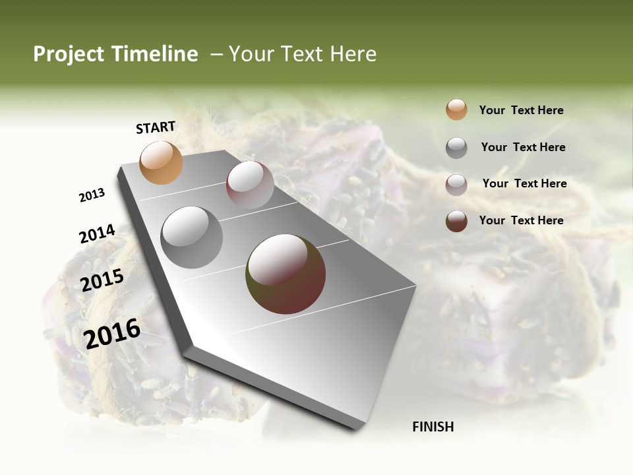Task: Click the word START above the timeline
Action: click(156, 127)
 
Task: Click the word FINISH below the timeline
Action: click(433, 427)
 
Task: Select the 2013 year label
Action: click(92, 195)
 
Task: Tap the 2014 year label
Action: click(97, 234)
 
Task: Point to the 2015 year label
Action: click(102, 280)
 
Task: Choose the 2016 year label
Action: click(112, 333)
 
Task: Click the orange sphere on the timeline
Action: click(161, 162)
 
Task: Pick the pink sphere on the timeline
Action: click(250, 185)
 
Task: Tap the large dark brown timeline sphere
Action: click(286, 274)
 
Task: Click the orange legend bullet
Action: click(456, 110)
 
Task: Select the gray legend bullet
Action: click(456, 148)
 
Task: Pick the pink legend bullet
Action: click(456, 185)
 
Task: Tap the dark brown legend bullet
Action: click(456, 221)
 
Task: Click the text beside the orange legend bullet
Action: click(521, 110)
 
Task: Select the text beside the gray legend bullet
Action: click(523, 147)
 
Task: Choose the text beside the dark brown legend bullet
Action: click(521, 220)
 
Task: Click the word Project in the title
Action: click(69, 54)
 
